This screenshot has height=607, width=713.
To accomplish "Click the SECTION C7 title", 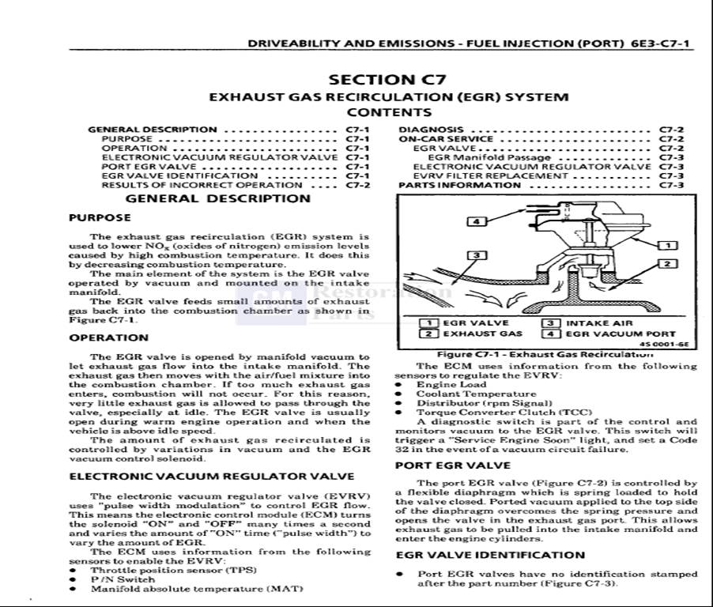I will click(x=387, y=79).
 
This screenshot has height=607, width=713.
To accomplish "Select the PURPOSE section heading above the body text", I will click(x=100, y=217).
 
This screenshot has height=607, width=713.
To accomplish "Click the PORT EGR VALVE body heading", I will click(x=452, y=466).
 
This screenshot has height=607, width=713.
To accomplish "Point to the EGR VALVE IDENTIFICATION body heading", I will click(x=490, y=555).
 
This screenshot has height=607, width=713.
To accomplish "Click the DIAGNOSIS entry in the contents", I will click(x=431, y=130).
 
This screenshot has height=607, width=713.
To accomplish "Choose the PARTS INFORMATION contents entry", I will click(x=459, y=186).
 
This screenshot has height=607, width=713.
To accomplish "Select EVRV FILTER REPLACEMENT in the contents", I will click(x=490, y=176).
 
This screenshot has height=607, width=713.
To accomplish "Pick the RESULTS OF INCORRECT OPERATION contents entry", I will click(x=202, y=186).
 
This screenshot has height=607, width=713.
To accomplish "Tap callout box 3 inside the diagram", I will click(x=476, y=255).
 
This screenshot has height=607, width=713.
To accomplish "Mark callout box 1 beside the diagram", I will click(x=668, y=245).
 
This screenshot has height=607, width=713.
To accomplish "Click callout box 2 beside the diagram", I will click(x=668, y=264).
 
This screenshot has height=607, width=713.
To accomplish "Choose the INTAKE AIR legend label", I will click(x=598, y=323).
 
